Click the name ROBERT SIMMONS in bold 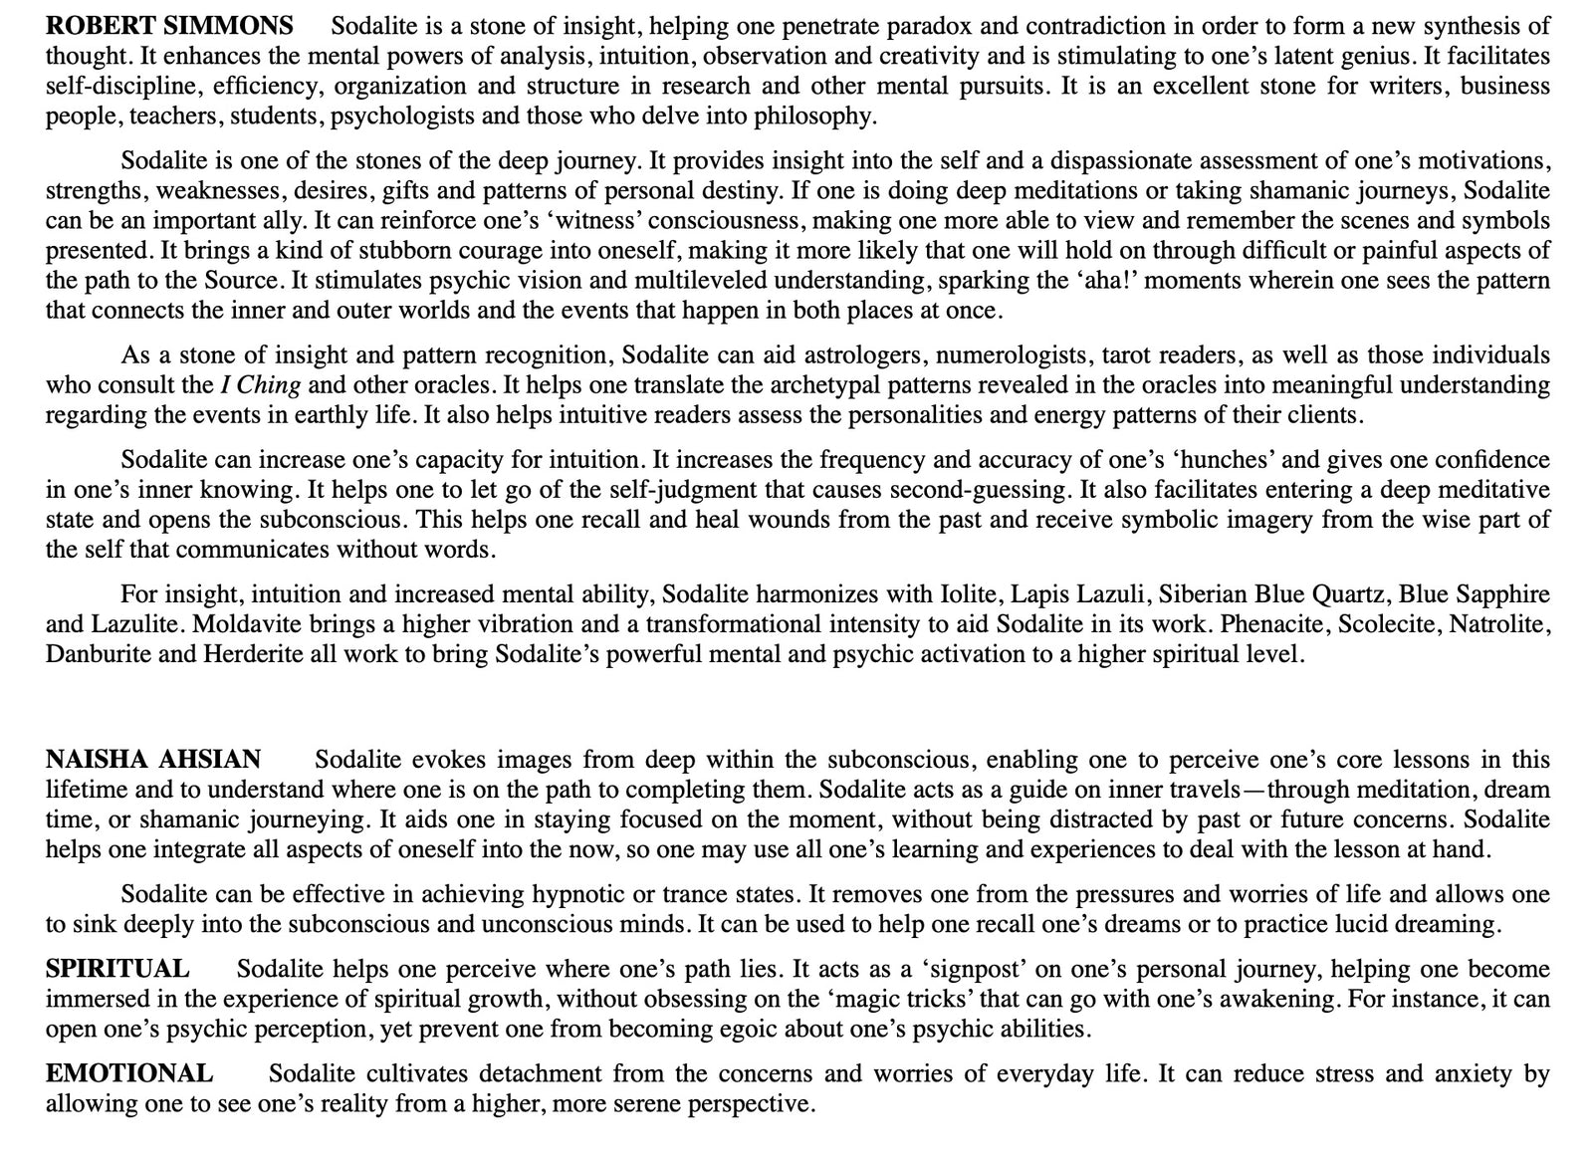click(169, 25)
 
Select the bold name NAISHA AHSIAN click(153, 760)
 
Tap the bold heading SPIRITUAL click(117, 969)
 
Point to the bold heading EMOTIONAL click(129, 1073)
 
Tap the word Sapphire click(1502, 594)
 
